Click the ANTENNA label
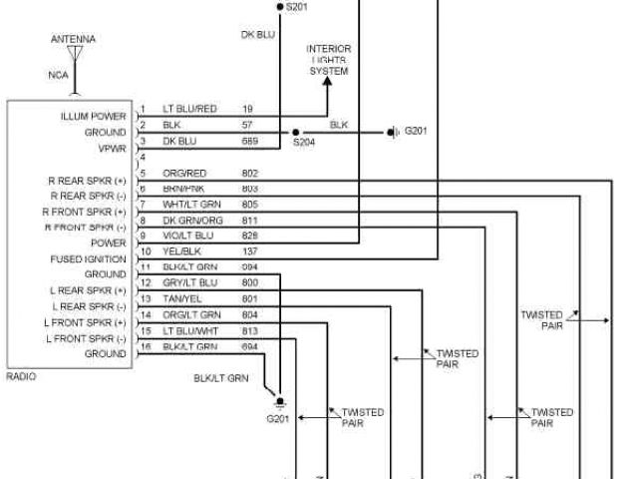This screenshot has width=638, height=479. [x=74, y=39]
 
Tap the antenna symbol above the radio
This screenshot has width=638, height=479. [x=74, y=55]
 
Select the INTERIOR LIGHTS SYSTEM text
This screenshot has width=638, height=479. [x=329, y=60]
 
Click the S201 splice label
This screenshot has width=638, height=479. [x=298, y=7]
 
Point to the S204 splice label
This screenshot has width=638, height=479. [x=303, y=143]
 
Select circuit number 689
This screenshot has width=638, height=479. [x=249, y=140]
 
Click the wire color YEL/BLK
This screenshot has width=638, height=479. [x=179, y=251]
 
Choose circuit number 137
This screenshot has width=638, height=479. [x=249, y=251]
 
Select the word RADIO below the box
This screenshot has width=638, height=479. [x=21, y=377]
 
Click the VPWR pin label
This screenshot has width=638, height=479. [x=112, y=148]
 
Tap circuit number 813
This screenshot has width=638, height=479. [x=249, y=330]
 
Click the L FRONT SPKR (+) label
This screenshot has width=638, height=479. [x=88, y=322]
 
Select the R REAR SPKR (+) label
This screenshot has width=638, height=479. [x=88, y=181]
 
